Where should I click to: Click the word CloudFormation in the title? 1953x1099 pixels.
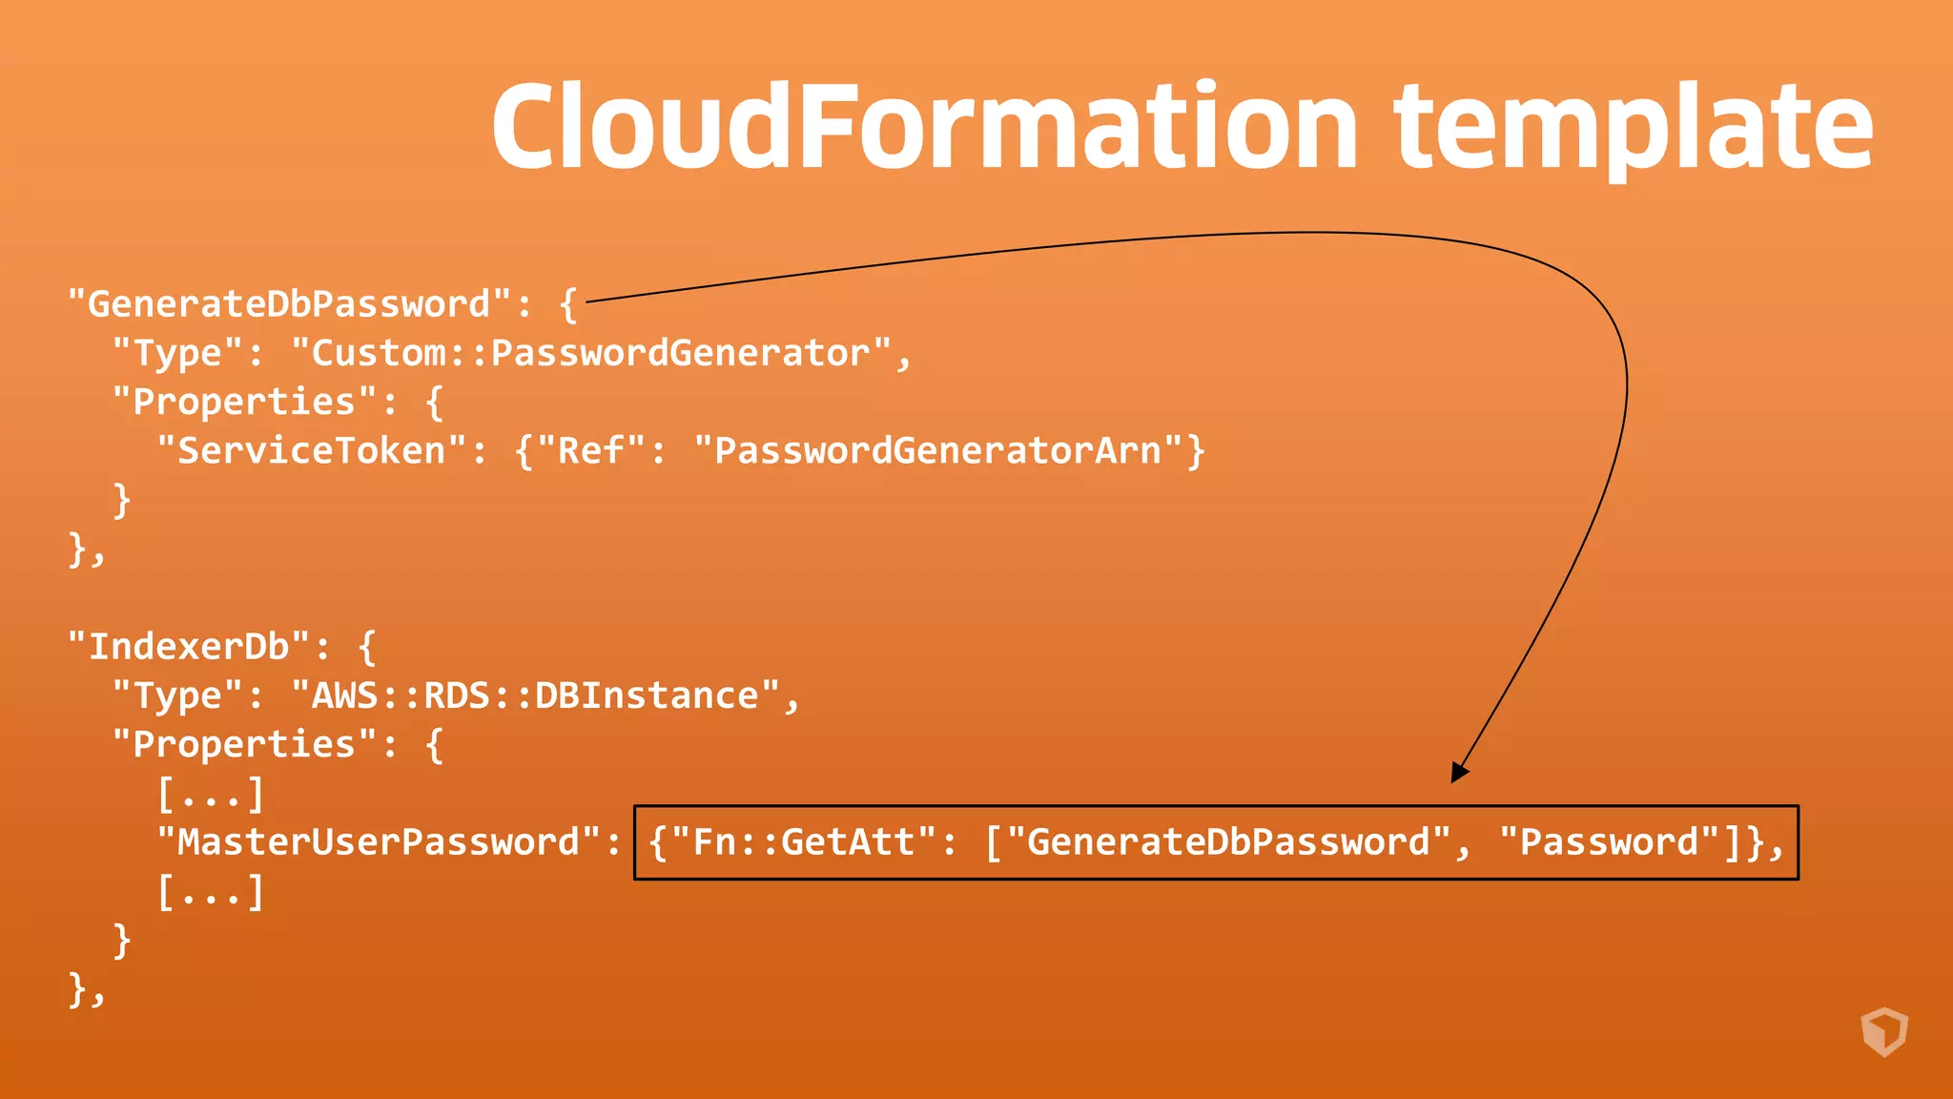coord(923,127)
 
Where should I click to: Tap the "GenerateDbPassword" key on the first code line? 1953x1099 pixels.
coord(288,304)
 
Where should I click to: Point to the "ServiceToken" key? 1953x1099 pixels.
coord(312,450)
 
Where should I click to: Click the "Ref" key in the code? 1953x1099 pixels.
coord(591,450)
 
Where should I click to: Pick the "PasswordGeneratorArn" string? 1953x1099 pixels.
coord(937,450)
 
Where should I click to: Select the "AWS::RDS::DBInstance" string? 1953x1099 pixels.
coord(535,695)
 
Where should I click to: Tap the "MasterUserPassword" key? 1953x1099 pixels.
coord(379,842)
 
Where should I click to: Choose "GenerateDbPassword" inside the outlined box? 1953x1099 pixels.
coord(1228,842)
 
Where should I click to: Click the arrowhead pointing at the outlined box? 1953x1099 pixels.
coord(1459,771)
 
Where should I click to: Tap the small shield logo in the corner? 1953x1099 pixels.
coord(1884,1032)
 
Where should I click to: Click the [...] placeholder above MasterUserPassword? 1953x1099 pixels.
coord(211,794)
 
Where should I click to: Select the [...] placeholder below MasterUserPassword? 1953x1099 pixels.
coord(211,892)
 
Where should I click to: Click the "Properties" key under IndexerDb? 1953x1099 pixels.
coord(244,744)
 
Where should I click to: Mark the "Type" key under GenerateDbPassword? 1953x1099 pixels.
coord(177,353)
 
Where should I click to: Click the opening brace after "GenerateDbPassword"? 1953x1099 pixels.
coord(568,304)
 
